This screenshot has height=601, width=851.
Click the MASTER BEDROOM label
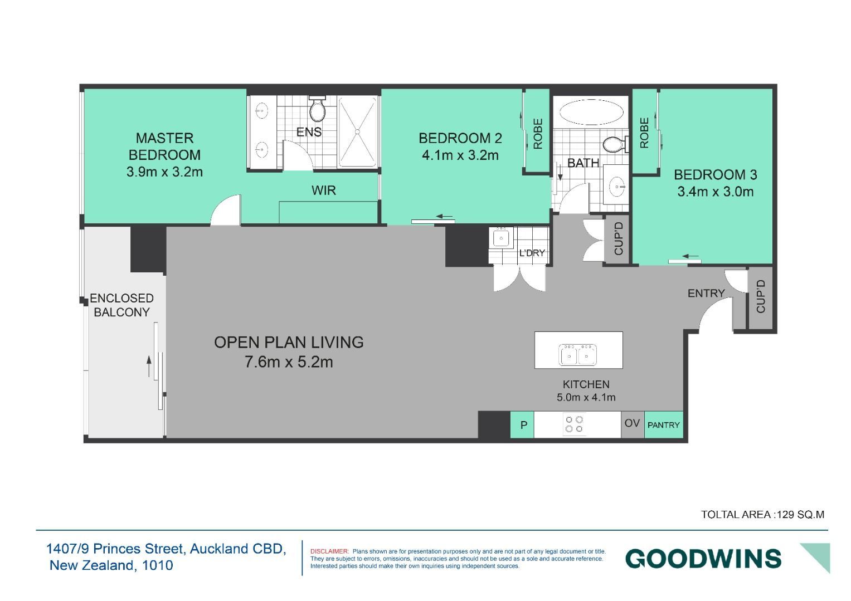[164, 146]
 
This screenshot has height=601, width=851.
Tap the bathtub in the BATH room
[591, 112]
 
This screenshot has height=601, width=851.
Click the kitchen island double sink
[577, 355]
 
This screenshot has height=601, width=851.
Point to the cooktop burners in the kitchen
[574, 424]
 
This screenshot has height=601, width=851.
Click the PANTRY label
[663, 425]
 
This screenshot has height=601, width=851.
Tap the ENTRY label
[706, 293]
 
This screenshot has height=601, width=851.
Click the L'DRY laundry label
[532, 252]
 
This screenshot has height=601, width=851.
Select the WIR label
[324, 190]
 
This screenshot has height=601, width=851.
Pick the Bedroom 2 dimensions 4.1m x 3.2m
[460, 155]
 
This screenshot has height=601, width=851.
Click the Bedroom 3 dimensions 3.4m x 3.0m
[716, 192]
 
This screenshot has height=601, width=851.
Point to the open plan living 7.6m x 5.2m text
[289, 362]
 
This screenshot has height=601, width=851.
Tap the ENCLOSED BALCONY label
[121, 305]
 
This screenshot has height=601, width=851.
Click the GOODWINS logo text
[703, 559]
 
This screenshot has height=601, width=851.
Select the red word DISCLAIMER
[329, 551]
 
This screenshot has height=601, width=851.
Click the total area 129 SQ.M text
[762, 515]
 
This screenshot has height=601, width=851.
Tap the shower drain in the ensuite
[357, 131]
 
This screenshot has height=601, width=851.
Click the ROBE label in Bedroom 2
[538, 134]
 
